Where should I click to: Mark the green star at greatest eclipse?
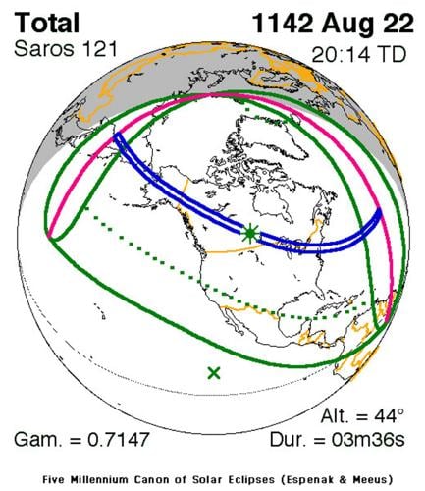click(251, 234)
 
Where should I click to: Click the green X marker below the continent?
click(214, 372)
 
